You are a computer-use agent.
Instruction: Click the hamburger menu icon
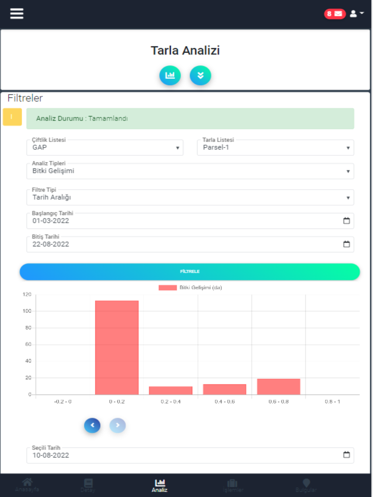(17, 14)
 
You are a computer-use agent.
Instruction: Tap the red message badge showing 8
(335, 14)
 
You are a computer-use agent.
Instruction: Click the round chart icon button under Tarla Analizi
(170, 75)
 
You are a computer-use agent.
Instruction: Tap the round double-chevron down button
(200, 75)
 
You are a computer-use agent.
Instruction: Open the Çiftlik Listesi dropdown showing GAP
(105, 148)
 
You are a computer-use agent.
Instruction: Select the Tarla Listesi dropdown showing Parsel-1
(275, 148)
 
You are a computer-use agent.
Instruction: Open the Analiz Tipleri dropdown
(190, 171)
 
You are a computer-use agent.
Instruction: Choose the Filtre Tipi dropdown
(190, 197)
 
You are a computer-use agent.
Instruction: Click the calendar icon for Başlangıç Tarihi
(347, 221)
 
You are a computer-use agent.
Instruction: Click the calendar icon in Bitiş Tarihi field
(347, 244)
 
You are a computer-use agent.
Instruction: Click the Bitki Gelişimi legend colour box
(167, 288)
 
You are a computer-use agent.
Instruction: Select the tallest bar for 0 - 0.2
(117, 347)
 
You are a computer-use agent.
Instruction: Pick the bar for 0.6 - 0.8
(279, 387)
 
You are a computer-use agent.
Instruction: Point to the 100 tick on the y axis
(27, 311)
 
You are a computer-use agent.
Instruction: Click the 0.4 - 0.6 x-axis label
(225, 402)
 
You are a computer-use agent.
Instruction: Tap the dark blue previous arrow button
(92, 425)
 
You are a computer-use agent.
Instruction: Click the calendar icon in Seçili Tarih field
(347, 455)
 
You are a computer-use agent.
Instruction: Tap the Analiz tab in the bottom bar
(160, 485)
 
